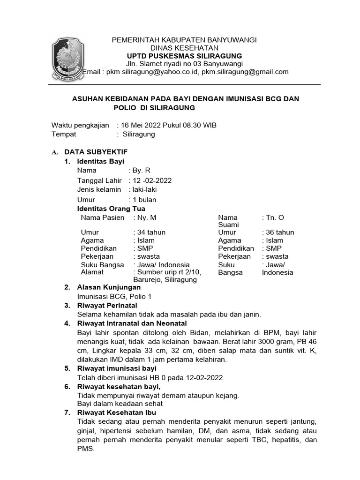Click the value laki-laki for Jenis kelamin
point(145,190)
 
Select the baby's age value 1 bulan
point(145,200)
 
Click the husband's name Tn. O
point(275,217)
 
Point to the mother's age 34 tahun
point(150,232)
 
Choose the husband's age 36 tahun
point(279,232)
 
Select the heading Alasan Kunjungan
point(109,287)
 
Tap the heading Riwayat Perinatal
point(107,306)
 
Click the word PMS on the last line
point(86,449)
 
